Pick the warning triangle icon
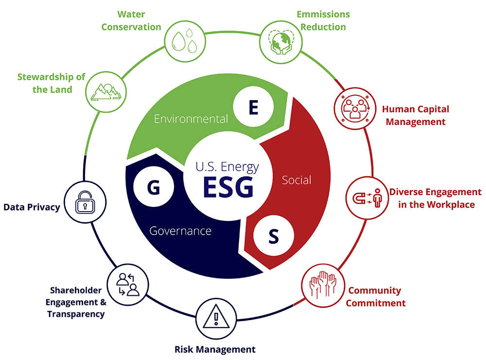pyautogui.click(x=214, y=318)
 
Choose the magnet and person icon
pyautogui.click(x=364, y=198)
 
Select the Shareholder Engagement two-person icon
pyautogui.click(x=128, y=284)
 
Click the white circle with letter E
pyautogui.click(x=253, y=108)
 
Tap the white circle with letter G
pyautogui.click(x=153, y=188)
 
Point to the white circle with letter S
pyautogui.click(x=274, y=237)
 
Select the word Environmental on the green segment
pyautogui.click(x=191, y=119)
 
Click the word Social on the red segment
pyautogui.click(x=296, y=180)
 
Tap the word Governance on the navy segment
pyautogui.click(x=180, y=231)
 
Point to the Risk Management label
pyautogui.click(x=215, y=349)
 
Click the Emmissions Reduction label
pyautogui.click(x=323, y=20)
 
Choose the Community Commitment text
pyautogui.click(x=375, y=297)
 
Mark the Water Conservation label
pyautogui.click(x=131, y=20)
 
